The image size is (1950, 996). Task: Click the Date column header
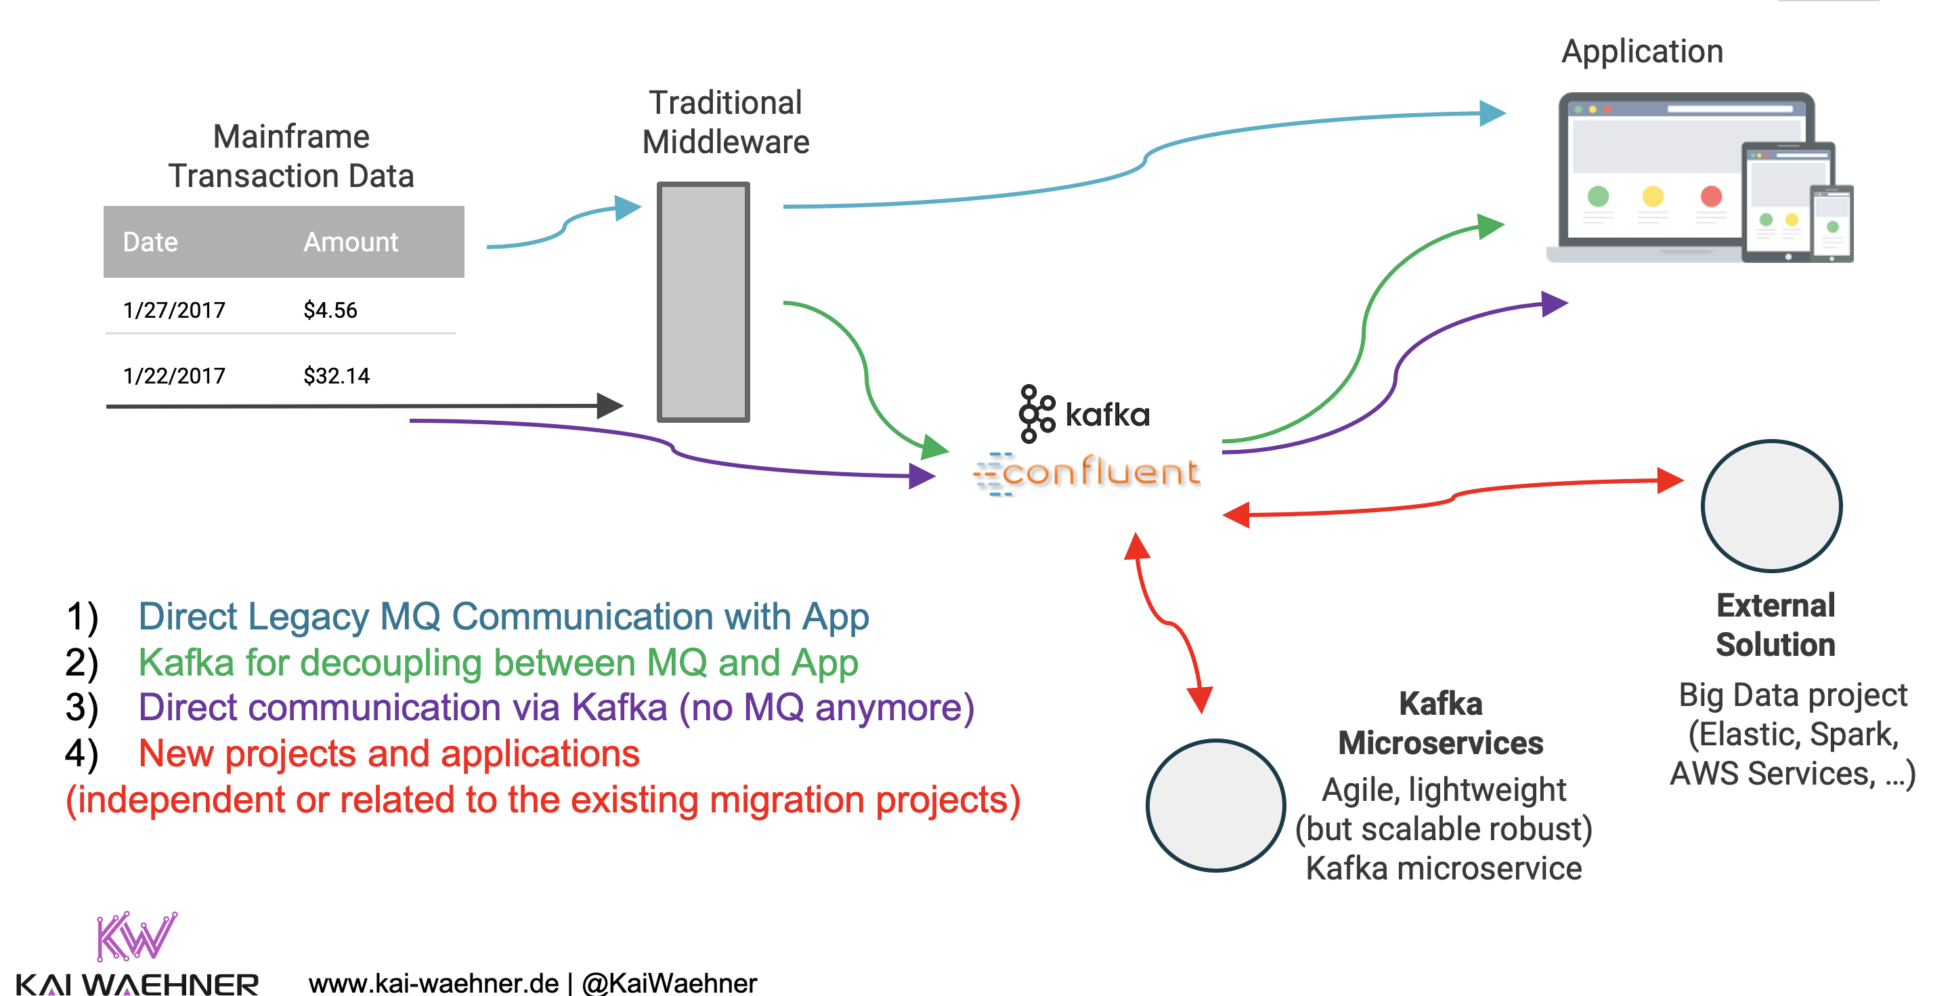(x=150, y=242)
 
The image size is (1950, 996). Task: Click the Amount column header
(x=350, y=242)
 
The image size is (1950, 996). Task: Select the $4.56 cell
(x=330, y=310)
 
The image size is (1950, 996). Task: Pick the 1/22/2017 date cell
(x=174, y=375)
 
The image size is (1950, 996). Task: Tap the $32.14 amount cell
(x=336, y=375)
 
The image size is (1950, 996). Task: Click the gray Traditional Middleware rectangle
(x=703, y=302)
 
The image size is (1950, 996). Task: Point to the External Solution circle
(x=1771, y=506)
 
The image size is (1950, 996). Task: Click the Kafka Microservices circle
(x=1215, y=805)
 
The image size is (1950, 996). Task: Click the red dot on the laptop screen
(x=1711, y=196)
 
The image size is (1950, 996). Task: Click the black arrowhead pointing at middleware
(x=609, y=406)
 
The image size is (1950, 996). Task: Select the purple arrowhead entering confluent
(x=922, y=476)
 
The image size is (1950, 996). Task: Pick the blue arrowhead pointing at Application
(x=1493, y=114)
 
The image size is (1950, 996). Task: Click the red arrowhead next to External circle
(x=1668, y=480)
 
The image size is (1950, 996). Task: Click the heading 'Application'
(x=1642, y=51)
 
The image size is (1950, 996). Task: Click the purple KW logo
(x=135, y=936)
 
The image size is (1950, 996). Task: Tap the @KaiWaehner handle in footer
(x=669, y=983)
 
